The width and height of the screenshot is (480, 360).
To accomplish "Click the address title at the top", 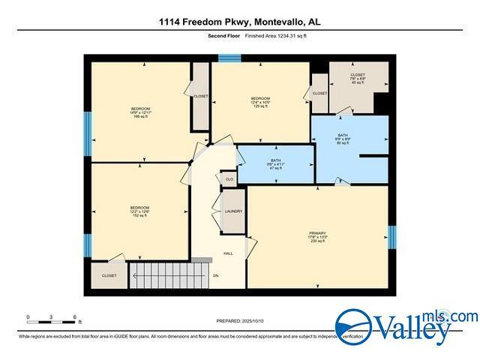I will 240,22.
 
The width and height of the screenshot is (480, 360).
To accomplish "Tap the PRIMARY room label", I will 317,236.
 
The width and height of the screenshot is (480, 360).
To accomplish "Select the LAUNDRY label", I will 233,211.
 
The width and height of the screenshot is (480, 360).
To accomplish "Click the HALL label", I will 228,253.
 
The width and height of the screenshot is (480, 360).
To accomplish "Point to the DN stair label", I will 215,276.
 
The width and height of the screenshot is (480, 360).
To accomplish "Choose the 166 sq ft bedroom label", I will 141,112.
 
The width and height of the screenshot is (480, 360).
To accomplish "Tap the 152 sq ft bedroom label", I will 139,211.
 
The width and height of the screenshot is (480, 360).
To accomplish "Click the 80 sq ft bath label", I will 343,139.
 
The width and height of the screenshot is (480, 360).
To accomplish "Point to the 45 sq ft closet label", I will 357,79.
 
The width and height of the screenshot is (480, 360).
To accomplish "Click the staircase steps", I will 159,274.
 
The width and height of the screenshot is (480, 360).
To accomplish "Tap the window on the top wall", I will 228,58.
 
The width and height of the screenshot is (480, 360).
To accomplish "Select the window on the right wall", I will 391,236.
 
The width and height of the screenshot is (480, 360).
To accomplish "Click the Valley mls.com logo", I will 405,326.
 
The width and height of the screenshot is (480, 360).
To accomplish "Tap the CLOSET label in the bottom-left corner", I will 109,276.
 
